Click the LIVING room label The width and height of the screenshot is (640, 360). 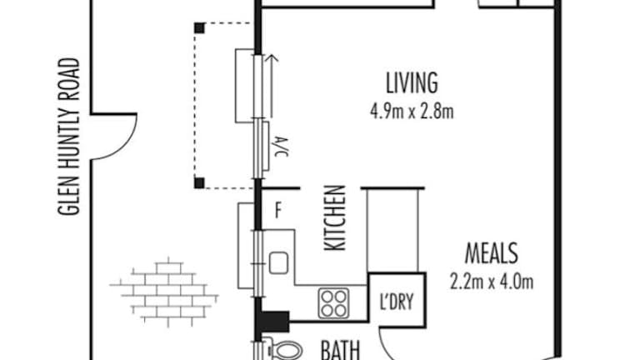pyautogui.click(x=412, y=82)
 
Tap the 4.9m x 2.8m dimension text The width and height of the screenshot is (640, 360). pyautogui.click(x=412, y=112)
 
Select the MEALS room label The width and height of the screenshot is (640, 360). pyautogui.click(x=492, y=253)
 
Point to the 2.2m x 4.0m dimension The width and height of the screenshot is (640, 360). pyautogui.click(x=492, y=282)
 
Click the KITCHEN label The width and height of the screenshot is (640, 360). pyautogui.click(x=335, y=217)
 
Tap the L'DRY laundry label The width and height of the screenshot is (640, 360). pyautogui.click(x=397, y=302)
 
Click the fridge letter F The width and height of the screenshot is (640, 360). pyautogui.click(x=278, y=211)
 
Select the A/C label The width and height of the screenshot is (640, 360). pyautogui.click(x=282, y=147)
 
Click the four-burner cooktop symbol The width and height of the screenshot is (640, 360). pyautogui.click(x=334, y=303)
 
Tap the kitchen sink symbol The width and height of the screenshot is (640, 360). pyautogui.click(x=278, y=262)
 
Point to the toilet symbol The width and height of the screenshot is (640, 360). pyautogui.click(x=284, y=350)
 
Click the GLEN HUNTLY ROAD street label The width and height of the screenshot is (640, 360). pyautogui.click(x=68, y=137)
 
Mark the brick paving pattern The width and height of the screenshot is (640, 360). pyautogui.click(x=164, y=291)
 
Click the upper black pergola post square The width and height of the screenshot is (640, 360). pyautogui.click(x=199, y=28)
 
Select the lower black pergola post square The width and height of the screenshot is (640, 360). pyautogui.click(x=199, y=183)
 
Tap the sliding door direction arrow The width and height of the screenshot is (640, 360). pyautogui.click(x=271, y=86)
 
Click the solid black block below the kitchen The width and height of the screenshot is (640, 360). pyautogui.click(x=275, y=321)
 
